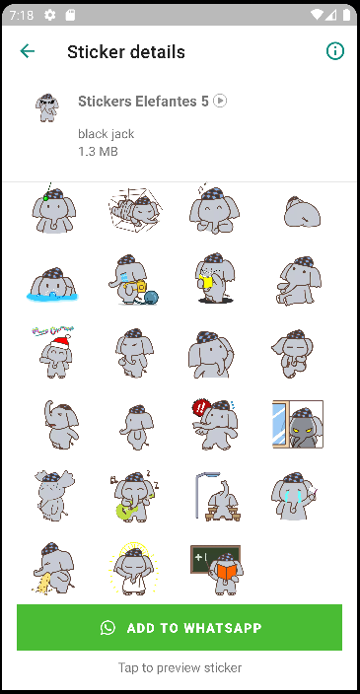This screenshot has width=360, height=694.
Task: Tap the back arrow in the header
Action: point(27,51)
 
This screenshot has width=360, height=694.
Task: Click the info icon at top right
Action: point(334,51)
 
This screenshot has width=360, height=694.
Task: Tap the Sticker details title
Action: point(126,52)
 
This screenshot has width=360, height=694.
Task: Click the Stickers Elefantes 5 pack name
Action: point(143,102)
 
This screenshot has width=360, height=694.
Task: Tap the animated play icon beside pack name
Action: point(220,101)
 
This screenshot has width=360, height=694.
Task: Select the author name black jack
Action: point(106,134)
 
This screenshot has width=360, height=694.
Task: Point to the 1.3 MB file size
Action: point(98,152)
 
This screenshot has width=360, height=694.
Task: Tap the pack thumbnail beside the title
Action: point(47,107)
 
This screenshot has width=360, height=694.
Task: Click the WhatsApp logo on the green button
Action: point(108,627)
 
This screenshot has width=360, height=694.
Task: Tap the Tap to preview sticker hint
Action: point(180,667)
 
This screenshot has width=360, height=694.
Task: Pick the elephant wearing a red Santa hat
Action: point(54,353)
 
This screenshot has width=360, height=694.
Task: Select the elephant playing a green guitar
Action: point(133,495)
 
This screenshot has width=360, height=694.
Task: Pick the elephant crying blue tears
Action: point(294,496)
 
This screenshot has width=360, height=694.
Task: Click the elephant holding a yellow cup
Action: point(214,278)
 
